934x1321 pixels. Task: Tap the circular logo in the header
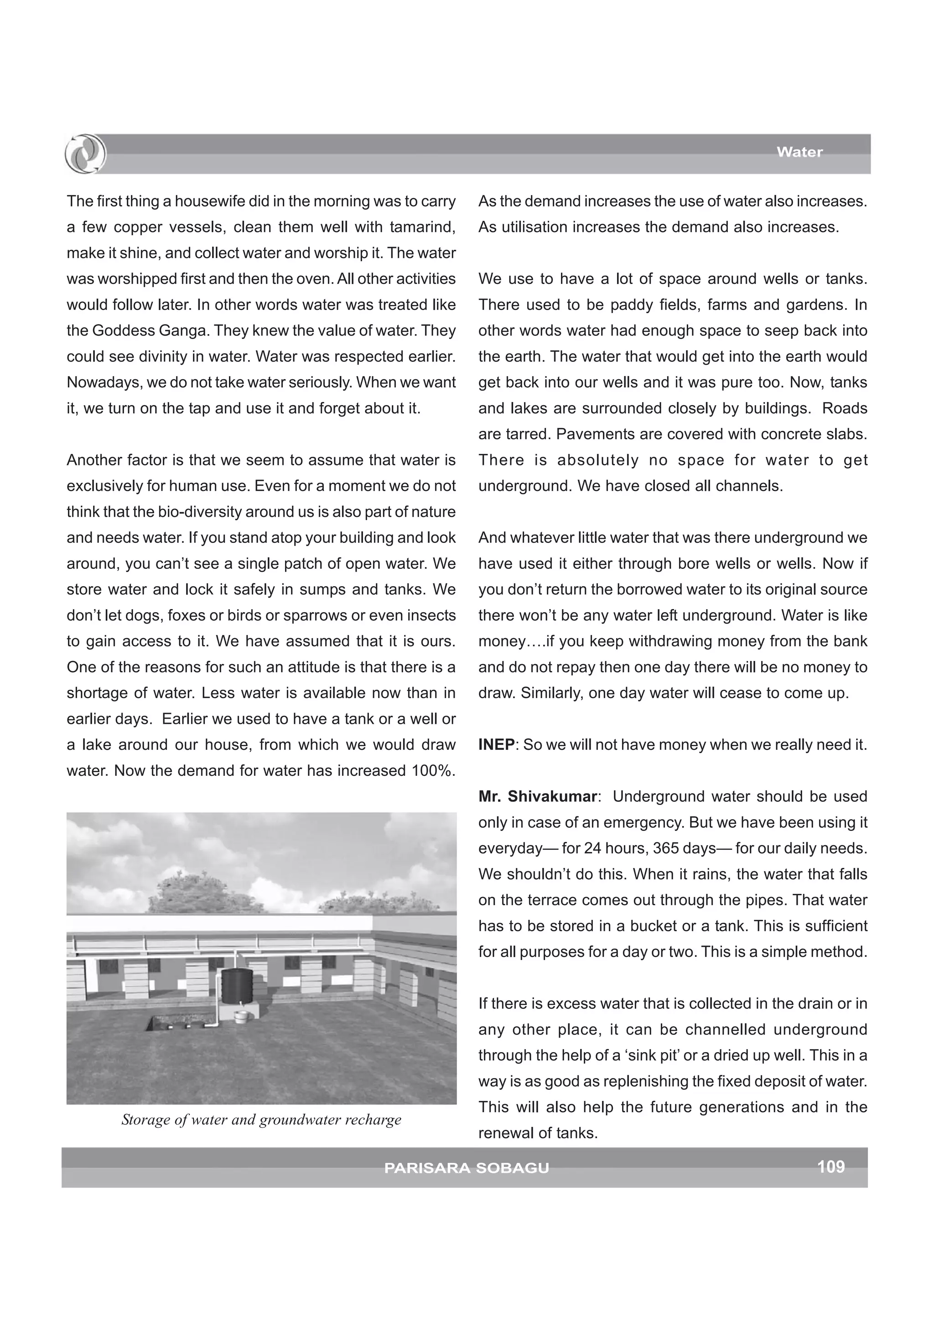85,154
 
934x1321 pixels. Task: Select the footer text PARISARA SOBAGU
466,1168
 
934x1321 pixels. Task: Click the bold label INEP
496,744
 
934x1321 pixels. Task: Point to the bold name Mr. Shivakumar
538,796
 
